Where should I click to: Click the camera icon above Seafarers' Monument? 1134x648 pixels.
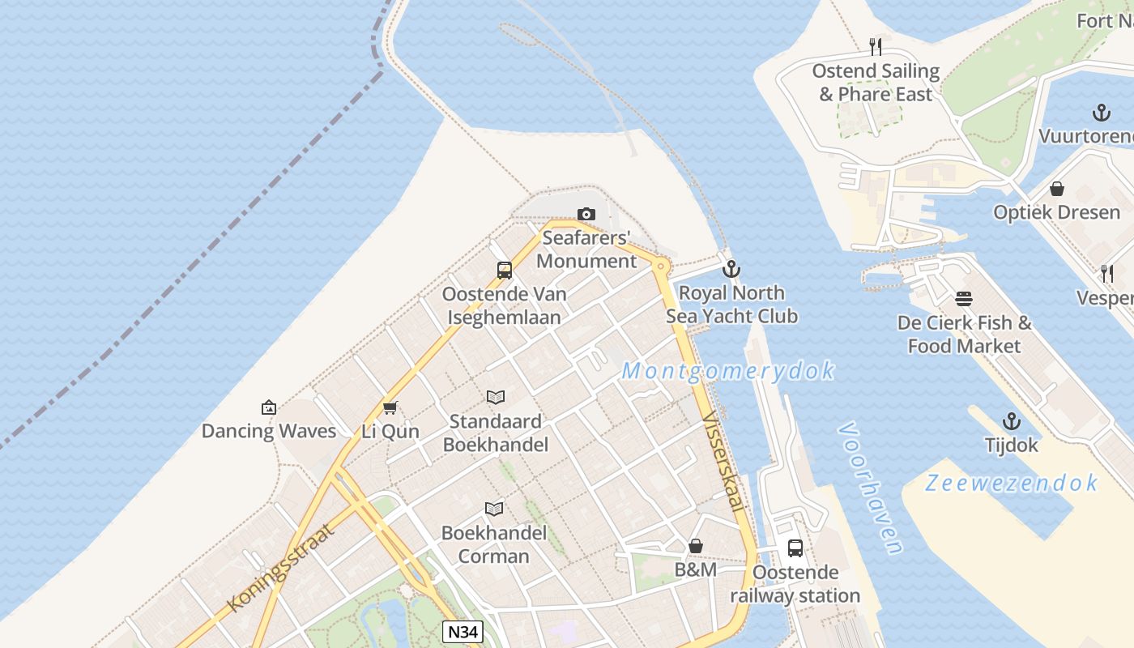586,214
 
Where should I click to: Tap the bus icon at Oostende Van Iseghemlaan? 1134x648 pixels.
505,270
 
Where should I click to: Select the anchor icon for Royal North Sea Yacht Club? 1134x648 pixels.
731,268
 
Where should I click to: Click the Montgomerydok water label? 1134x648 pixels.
727,371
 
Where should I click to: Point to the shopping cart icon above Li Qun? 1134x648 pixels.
390,407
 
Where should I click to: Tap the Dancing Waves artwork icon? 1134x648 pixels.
269,407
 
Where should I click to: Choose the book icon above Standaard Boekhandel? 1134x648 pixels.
496,397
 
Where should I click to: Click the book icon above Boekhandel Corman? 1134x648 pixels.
494,509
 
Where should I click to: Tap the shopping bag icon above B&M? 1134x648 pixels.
696,547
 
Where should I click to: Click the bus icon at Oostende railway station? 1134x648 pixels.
795,548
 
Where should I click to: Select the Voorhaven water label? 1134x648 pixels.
871,488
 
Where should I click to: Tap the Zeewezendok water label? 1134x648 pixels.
1012,484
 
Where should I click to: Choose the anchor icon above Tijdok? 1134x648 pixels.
1011,421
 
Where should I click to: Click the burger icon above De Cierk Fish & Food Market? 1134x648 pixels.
964,299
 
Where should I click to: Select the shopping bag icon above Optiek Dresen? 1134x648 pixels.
1057,189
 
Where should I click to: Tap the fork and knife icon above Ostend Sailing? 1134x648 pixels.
875,47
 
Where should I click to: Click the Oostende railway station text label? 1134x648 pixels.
795,584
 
